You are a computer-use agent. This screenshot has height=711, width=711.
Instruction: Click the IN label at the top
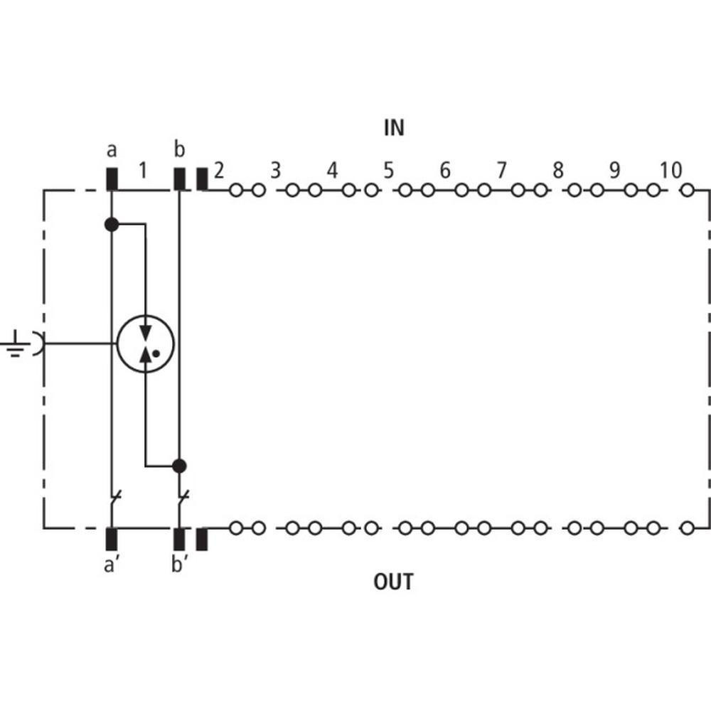394,128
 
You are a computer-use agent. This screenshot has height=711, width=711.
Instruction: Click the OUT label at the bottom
393,582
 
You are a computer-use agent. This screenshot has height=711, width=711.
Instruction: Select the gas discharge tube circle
145,344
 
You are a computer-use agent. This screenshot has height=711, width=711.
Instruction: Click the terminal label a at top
112,150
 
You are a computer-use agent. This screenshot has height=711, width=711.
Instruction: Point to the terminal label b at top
179,150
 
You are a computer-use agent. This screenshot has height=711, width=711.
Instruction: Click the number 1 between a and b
143,171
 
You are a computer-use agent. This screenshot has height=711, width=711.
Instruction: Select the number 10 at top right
670,171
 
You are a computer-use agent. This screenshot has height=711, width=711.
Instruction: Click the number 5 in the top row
388,171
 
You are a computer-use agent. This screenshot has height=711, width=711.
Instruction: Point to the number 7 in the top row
501,171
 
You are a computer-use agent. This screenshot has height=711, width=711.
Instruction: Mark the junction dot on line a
112,225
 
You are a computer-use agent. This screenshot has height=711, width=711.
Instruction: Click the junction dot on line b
179,466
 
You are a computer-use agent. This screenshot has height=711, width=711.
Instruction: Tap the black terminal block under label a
112,179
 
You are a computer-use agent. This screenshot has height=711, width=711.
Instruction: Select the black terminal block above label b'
179,539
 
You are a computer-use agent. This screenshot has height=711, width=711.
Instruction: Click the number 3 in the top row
275,171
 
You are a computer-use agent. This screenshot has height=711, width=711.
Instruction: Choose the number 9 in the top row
614,171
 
